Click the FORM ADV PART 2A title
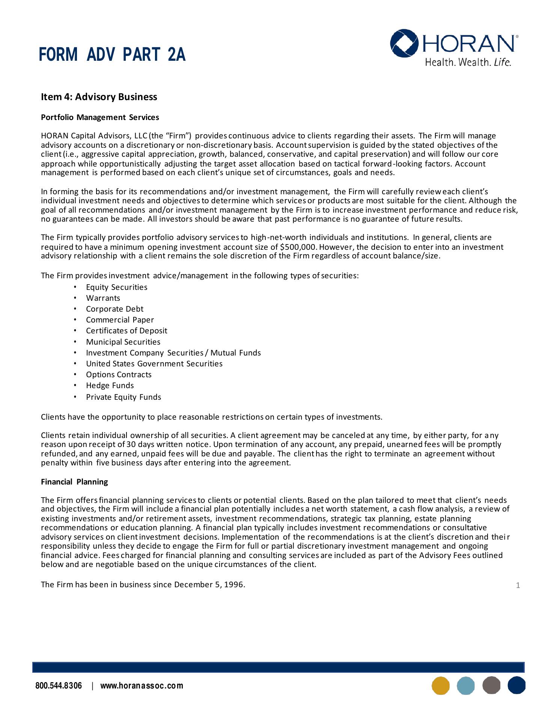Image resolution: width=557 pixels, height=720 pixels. [x=112, y=55]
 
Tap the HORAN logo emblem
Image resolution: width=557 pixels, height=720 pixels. [x=404, y=43]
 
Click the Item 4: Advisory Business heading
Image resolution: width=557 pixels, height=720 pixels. [x=99, y=97]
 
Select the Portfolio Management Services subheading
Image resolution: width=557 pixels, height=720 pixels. [x=100, y=117]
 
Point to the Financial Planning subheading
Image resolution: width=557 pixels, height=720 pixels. [x=74, y=482]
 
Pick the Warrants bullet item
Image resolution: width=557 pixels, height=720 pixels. [x=103, y=298]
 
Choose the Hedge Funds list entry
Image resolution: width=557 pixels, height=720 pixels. [x=110, y=385]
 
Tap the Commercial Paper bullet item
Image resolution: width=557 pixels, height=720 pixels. [x=120, y=320]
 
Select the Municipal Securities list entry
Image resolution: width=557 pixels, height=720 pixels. [x=123, y=342]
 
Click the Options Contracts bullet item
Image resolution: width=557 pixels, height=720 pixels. [x=119, y=375]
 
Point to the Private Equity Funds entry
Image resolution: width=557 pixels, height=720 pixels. [x=123, y=397]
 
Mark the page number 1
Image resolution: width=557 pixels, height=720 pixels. [x=518, y=585]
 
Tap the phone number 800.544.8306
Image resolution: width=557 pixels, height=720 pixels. [x=59, y=686]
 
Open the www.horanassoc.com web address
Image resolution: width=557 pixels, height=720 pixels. [x=142, y=686]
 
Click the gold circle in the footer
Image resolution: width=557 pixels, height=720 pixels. [x=441, y=685]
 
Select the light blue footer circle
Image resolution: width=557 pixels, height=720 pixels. [x=466, y=685]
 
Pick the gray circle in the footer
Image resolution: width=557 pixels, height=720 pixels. [x=491, y=685]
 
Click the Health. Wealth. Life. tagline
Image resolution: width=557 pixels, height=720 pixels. [x=468, y=62]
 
